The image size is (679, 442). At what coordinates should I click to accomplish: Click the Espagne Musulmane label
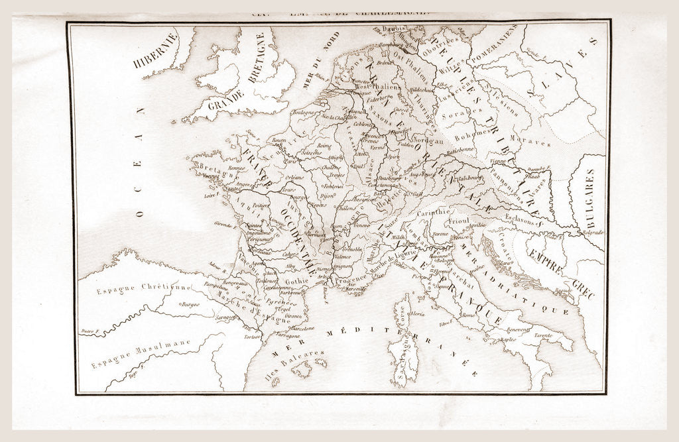coord(141,353)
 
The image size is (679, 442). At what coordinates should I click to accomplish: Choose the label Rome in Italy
coord(468,316)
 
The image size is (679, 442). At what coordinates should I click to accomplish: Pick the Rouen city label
coord(278,139)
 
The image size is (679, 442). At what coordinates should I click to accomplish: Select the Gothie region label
coord(296,281)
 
